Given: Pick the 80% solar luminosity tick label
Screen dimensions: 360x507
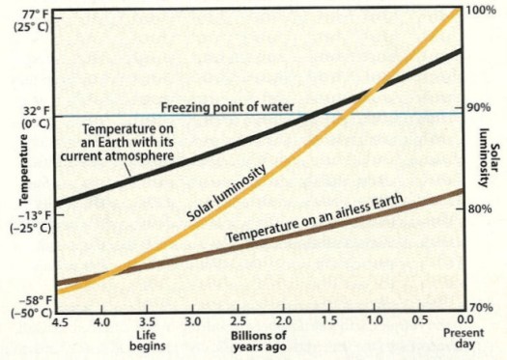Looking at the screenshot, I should tap(478, 208).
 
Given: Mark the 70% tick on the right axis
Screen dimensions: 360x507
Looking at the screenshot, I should tap(479, 307).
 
